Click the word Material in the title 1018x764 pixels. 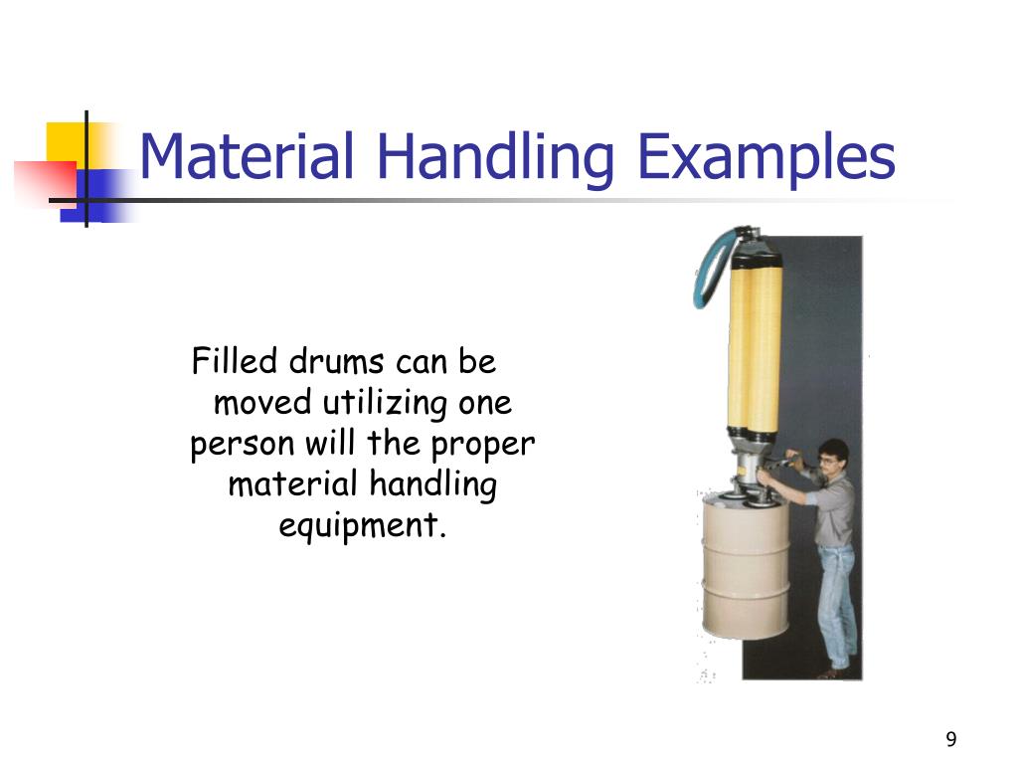(247, 157)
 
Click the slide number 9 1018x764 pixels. (951, 739)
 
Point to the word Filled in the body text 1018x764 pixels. (236, 361)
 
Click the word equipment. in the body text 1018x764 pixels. (362, 525)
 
